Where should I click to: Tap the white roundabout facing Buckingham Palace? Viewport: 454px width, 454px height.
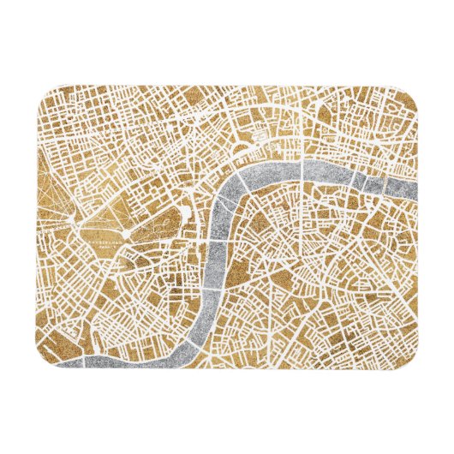[126, 233]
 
